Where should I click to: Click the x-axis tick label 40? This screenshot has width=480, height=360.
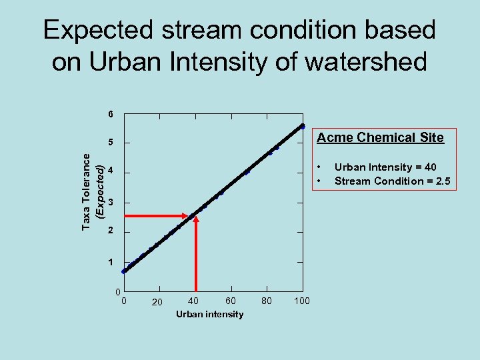[193, 301]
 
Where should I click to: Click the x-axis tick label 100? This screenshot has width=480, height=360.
[301, 301]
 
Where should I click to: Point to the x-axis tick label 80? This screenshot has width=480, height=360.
[267, 301]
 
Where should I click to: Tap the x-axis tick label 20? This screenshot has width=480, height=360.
[157, 303]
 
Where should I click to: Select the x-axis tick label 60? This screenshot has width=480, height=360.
[230, 301]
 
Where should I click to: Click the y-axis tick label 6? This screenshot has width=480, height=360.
[111, 114]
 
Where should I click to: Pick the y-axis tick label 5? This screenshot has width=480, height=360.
[111, 143]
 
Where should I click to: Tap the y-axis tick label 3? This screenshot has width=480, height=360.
[111, 202]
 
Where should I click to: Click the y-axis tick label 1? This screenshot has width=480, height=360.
[111, 262]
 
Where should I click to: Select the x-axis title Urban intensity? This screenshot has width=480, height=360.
[210, 314]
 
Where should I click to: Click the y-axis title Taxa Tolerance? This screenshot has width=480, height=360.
[87, 191]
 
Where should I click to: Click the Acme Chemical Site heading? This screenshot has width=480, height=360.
[380, 138]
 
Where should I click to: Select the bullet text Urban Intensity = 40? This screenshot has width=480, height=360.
[385, 167]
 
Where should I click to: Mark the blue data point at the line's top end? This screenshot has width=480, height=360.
[302, 126]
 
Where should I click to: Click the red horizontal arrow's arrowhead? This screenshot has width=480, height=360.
[187, 216]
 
